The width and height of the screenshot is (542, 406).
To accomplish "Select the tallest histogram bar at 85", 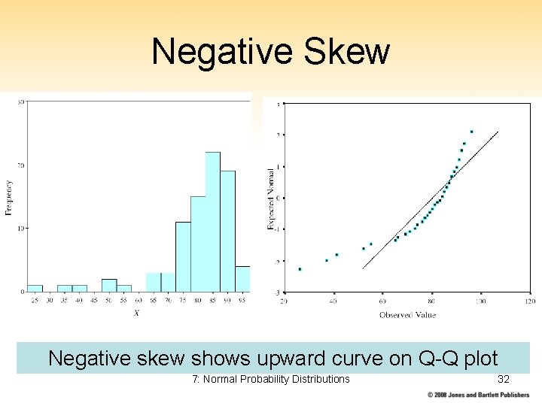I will tap(212, 222).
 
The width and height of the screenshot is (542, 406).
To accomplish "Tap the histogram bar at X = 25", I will tap(35, 288).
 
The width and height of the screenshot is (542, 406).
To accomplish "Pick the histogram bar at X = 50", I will tap(109, 285).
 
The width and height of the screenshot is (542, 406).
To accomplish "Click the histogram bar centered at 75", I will tap(183, 256).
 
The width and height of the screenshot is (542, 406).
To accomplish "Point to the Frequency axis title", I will tap(9, 197).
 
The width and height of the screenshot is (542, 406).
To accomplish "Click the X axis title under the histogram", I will tap(136, 313).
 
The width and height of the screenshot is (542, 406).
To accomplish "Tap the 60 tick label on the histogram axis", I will tap(139, 301).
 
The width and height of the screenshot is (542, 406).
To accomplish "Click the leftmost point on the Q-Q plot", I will tap(300, 269).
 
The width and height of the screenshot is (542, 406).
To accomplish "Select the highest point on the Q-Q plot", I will tap(471, 132).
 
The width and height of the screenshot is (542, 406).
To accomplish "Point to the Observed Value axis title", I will tap(406, 315).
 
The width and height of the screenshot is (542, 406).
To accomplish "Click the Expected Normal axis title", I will tap(270, 198).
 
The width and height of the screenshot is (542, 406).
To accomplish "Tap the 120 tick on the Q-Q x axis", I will tap(529, 301).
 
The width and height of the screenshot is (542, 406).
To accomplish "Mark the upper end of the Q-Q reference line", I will tap(498, 132).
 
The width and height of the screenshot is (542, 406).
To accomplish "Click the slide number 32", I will tap(504, 379).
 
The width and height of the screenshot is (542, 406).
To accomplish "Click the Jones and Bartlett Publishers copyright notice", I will tap(479, 395).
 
